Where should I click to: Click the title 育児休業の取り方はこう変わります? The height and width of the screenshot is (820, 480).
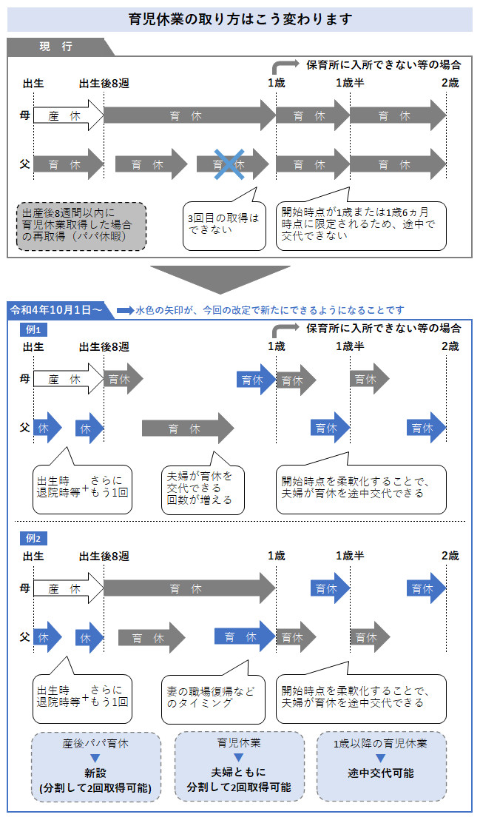tap(240, 19)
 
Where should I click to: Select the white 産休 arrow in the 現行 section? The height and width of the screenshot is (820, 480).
tap(68, 116)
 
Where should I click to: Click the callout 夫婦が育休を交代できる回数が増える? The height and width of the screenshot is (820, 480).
tap(202, 488)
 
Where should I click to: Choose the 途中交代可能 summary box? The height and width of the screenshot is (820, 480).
tap(381, 766)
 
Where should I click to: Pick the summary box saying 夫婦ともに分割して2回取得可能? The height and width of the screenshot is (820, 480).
tap(238, 766)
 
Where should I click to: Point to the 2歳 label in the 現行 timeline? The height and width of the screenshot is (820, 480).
tap(450, 82)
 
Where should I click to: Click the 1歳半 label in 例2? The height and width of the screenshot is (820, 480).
tap(349, 556)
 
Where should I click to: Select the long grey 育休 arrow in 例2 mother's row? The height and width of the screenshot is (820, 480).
tap(189, 589)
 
